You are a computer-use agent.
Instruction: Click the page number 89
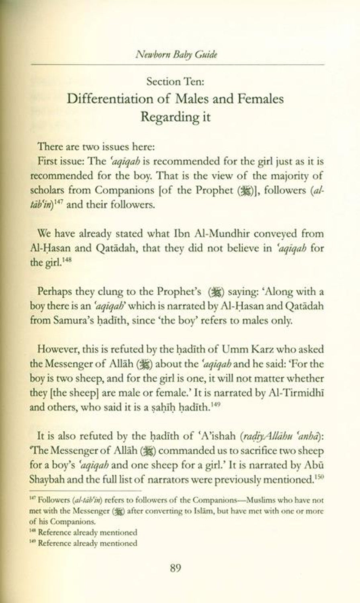(175, 568)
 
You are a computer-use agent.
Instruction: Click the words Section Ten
(175, 82)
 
